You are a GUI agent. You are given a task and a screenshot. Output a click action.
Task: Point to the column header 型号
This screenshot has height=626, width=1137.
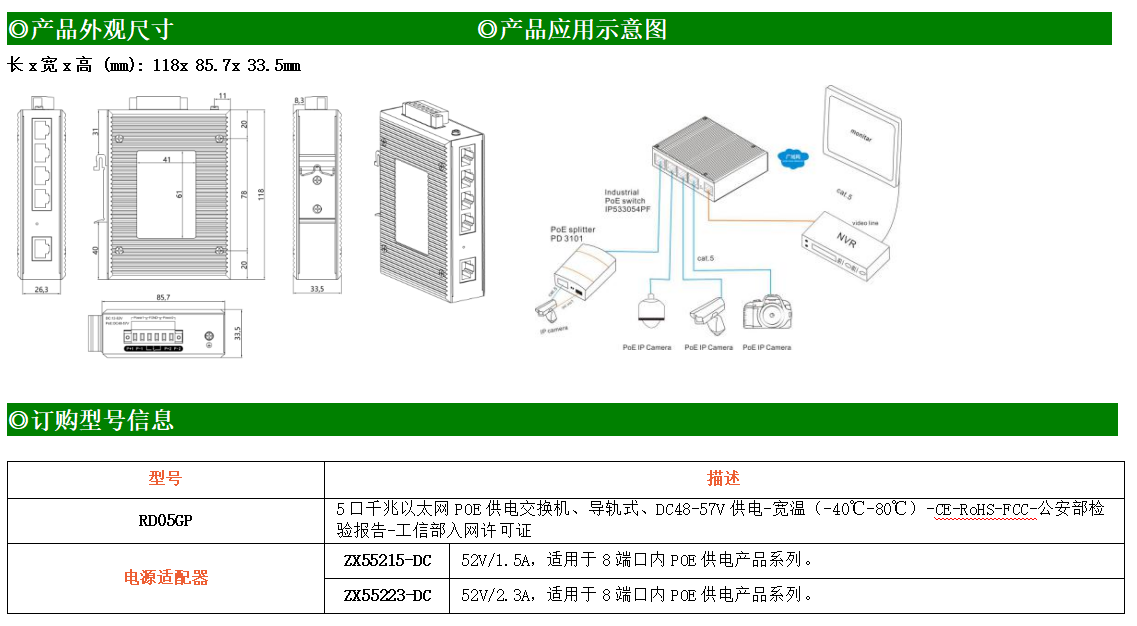coord(165,479)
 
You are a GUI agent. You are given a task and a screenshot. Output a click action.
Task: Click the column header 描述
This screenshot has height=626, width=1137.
coord(723,479)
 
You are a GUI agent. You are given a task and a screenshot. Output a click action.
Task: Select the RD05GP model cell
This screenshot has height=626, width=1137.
coord(165,520)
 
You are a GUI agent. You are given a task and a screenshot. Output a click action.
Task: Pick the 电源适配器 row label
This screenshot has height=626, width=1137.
coord(165,577)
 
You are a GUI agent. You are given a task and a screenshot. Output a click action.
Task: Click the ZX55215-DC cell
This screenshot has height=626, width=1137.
coord(387,560)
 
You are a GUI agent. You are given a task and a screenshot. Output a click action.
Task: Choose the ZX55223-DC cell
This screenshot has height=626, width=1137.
coord(387,595)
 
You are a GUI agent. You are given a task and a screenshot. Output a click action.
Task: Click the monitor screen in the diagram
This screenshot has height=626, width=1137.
coord(861,135)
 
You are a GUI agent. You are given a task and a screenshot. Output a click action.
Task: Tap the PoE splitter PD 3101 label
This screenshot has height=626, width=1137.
coord(573,233)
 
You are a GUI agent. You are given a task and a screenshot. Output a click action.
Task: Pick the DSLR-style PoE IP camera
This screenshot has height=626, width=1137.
coord(767,314)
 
